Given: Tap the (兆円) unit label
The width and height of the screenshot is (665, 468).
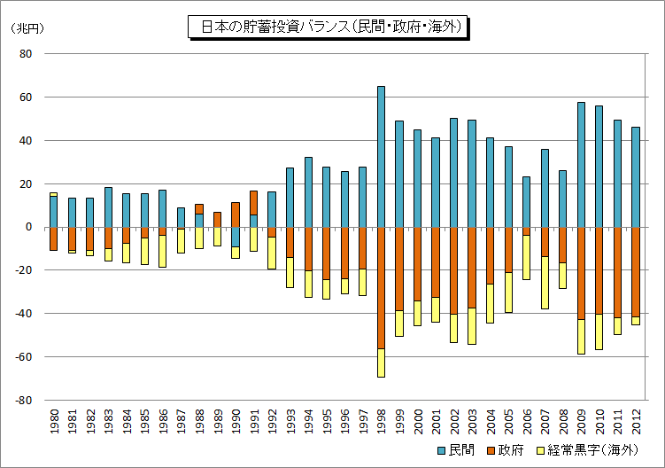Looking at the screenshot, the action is click(27, 28).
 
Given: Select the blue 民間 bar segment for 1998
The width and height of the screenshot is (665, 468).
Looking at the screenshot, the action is click(381, 157).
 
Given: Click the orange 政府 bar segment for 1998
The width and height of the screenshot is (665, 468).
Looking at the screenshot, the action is click(381, 288).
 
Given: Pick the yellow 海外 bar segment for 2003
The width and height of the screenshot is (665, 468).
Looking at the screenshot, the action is click(472, 325).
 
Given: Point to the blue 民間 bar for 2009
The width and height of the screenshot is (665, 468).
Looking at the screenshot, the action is click(581, 165).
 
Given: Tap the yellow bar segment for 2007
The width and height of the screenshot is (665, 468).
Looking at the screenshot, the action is click(545, 283).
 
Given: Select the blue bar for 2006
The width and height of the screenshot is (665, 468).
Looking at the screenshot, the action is click(526, 202).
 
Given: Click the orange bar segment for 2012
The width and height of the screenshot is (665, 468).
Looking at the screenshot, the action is click(635, 272).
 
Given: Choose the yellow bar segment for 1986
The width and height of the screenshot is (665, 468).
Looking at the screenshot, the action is click(162, 251).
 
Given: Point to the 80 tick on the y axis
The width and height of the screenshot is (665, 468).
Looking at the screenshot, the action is click(26, 53).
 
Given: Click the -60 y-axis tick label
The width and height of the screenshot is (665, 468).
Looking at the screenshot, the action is click(23, 356).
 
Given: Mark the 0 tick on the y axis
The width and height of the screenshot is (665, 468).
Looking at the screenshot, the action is click(29, 227).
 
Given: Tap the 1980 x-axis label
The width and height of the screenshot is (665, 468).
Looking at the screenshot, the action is click(54, 421).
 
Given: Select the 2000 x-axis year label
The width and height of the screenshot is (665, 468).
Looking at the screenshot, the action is click(418, 421).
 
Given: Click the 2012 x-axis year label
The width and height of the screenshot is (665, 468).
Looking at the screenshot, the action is click(636, 421).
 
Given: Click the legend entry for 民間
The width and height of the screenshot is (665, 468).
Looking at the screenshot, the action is click(456, 450).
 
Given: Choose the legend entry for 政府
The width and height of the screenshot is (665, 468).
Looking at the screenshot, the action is click(506, 450).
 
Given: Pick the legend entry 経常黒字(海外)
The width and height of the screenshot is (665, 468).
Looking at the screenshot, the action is click(587, 450).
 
